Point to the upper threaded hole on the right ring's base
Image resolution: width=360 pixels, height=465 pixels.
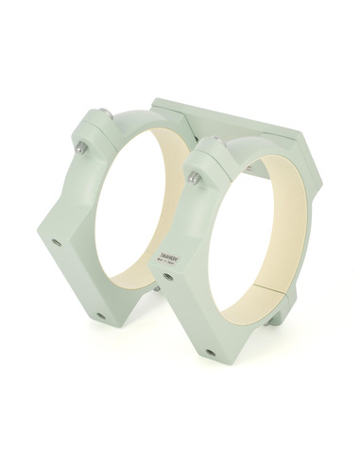pos(168,277)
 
